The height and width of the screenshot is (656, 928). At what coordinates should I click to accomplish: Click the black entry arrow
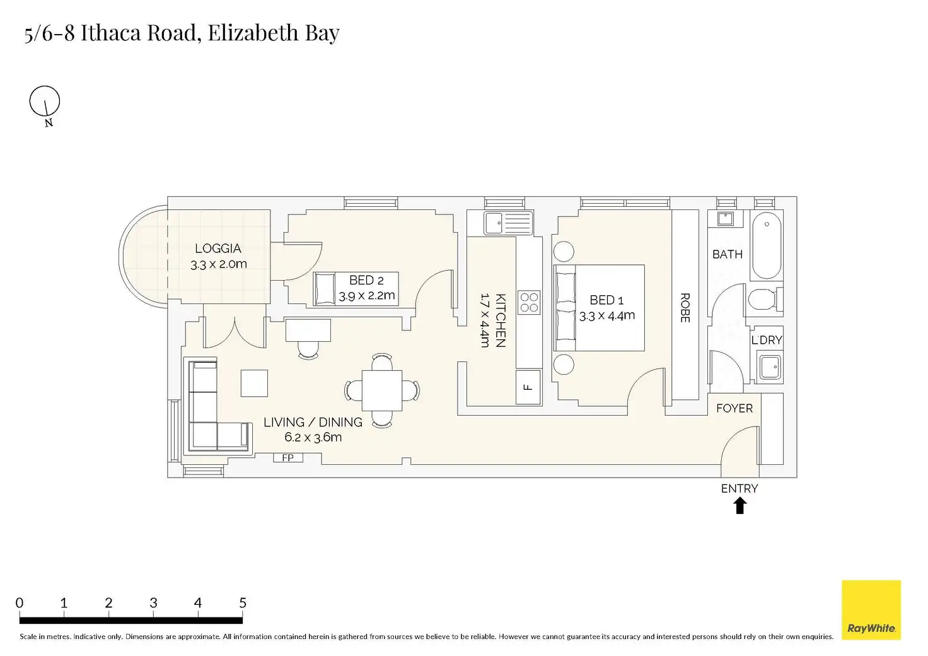(x=740, y=506)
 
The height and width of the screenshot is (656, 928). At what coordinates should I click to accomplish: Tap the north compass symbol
(x=45, y=102)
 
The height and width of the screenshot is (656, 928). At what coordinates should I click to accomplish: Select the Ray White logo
(x=871, y=610)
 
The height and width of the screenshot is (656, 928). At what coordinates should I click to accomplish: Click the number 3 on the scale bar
(x=153, y=603)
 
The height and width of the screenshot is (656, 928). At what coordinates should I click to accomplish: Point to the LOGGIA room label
(x=218, y=249)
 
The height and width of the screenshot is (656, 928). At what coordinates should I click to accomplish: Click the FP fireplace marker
(x=288, y=458)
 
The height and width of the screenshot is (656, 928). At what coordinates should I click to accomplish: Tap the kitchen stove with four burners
(x=529, y=302)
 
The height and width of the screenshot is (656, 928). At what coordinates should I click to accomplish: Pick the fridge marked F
(x=528, y=387)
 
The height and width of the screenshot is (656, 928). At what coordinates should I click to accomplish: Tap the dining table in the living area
(x=382, y=390)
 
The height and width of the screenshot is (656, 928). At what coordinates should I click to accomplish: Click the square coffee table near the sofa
(x=254, y=383)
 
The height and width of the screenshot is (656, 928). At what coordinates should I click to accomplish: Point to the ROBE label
(x=685, y=308)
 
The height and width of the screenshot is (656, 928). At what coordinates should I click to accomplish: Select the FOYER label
(x=734, y=408)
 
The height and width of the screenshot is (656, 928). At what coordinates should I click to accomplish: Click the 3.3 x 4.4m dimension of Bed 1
(x=607, y=316)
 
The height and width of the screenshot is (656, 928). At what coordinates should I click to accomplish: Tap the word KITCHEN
(x=501, y=320)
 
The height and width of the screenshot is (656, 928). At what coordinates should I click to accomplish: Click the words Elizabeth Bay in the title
(x=274, y=33)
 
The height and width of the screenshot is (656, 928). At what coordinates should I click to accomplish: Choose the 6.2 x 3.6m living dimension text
(x=313, y=437)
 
